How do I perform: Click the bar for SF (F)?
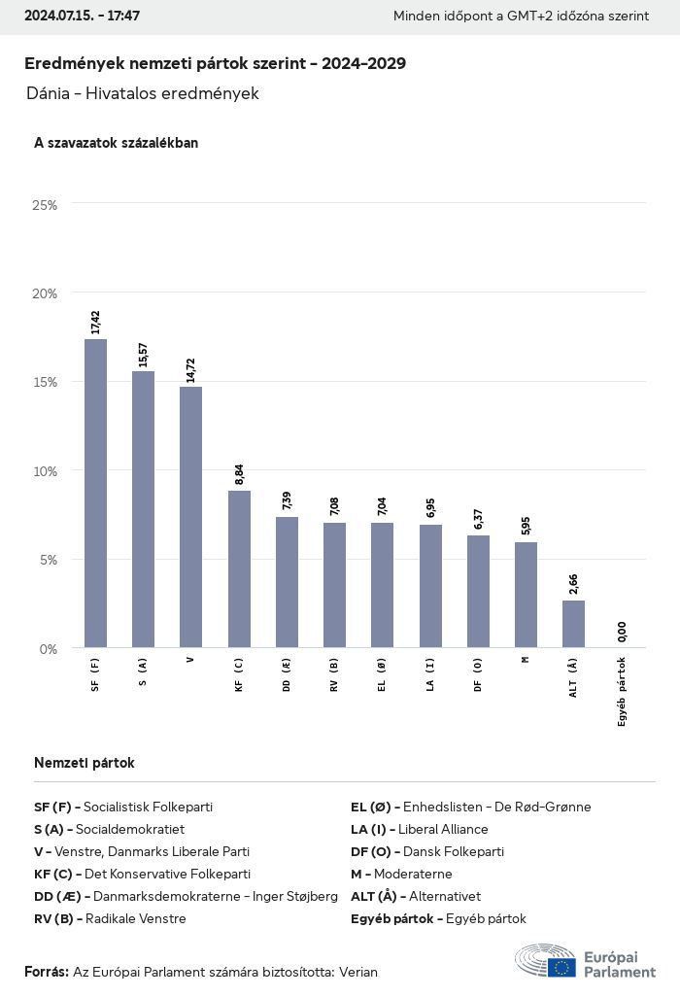click(95, 493)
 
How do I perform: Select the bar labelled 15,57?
click(143, 509)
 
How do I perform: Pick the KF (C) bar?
click(239, 568)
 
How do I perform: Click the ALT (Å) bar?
click(573, 624)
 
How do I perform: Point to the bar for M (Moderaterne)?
click(526, 595)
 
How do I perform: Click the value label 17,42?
click(95, 322)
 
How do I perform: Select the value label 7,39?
click(287, 500)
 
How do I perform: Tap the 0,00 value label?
click(622, 632)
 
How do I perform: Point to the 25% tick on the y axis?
click(45, 205)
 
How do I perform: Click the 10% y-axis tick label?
click(45, 471)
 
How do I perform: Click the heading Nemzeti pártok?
click(85, 763)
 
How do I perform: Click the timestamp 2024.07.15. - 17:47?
click(83, 17)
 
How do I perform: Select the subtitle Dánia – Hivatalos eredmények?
click(143, 94)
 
